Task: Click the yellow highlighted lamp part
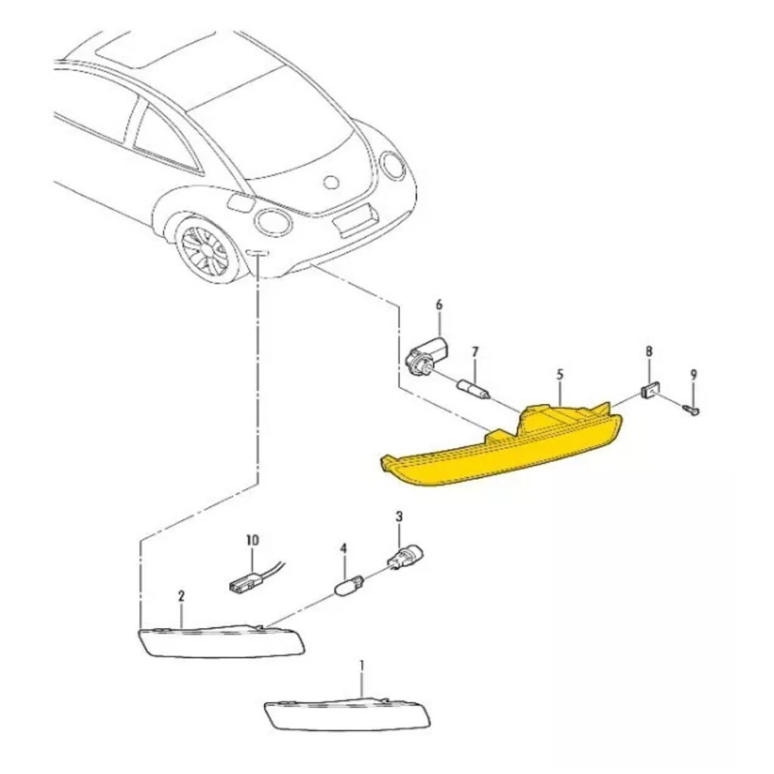[499, 449]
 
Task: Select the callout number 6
[439, 305]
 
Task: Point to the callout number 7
[475, 352]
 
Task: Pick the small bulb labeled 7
[475, 388]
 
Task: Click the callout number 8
[649, 352]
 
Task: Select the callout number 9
[693, 375]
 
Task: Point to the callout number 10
[252, 540]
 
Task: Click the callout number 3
[399, 517]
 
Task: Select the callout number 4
[344, 549]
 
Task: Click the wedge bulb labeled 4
[349, 587]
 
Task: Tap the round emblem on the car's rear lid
[331, 182]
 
